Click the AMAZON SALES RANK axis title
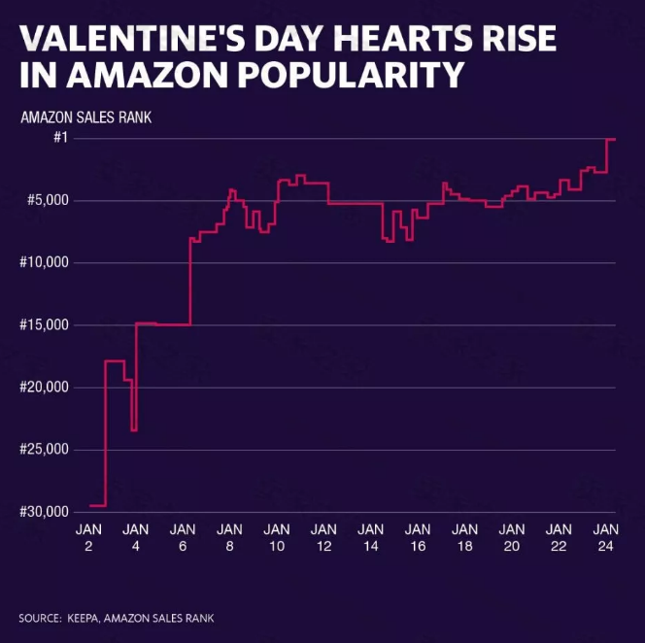[x=85, y=118]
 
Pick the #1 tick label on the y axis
[x=59, y=139]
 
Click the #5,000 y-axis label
[x=47, y=201]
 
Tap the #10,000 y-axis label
[x=44, y=263]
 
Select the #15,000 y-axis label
[x=44, y=325]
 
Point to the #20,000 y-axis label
[x=44, y=388]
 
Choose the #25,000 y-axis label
[x=44, y=450]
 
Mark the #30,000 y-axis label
[x=44, y=512]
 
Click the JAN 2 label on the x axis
[x=88, y=537]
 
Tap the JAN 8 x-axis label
[x=229, y=537]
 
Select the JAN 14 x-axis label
[x=370, y=537]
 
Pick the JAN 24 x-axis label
[x=606, y=537]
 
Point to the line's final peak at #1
[x=611, y=140]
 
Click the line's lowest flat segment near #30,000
[x=97, y=505]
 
